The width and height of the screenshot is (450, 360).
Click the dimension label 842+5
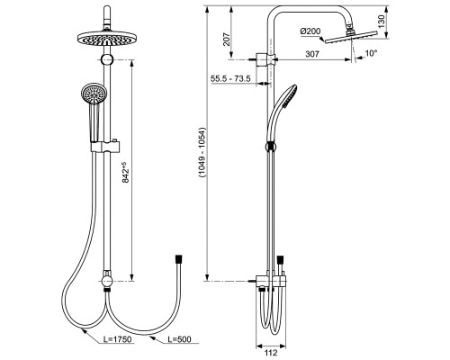coord(125,172)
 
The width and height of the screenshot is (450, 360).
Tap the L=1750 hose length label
coord(117,339)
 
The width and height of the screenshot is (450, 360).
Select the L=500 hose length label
coord(179,339)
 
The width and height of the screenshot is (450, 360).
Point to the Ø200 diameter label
coord(310,31)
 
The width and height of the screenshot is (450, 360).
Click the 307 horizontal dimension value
coord(312,54)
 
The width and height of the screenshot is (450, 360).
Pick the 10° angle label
coord(371,53)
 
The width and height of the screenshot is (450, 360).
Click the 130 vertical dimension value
coord(381,22)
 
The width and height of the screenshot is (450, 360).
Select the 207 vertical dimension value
coord(227,40)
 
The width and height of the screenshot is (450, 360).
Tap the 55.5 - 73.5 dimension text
coord(230,79)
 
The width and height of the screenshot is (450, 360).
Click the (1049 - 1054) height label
coord(202,153)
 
